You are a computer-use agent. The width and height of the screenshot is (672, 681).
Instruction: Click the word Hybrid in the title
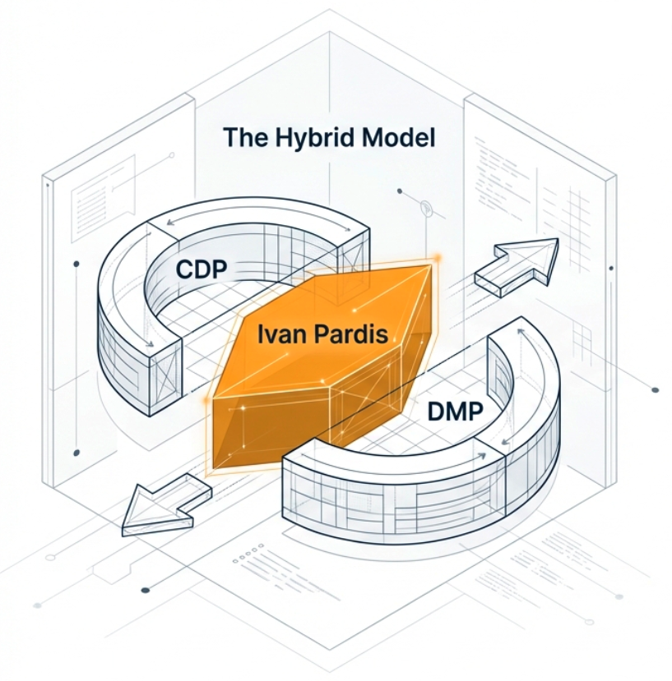click(x=315, y=138)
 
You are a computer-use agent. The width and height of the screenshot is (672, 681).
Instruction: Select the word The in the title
click(x=244, y=137)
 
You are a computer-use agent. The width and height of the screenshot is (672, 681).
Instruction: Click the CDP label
click(x=202, y=269)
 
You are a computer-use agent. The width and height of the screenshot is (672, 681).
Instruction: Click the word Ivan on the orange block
click(x=284, y=335)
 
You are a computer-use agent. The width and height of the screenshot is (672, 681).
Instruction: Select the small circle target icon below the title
click(x=426, y=209)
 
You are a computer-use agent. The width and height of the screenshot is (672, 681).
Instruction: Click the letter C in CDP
click(x=185, y=269)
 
